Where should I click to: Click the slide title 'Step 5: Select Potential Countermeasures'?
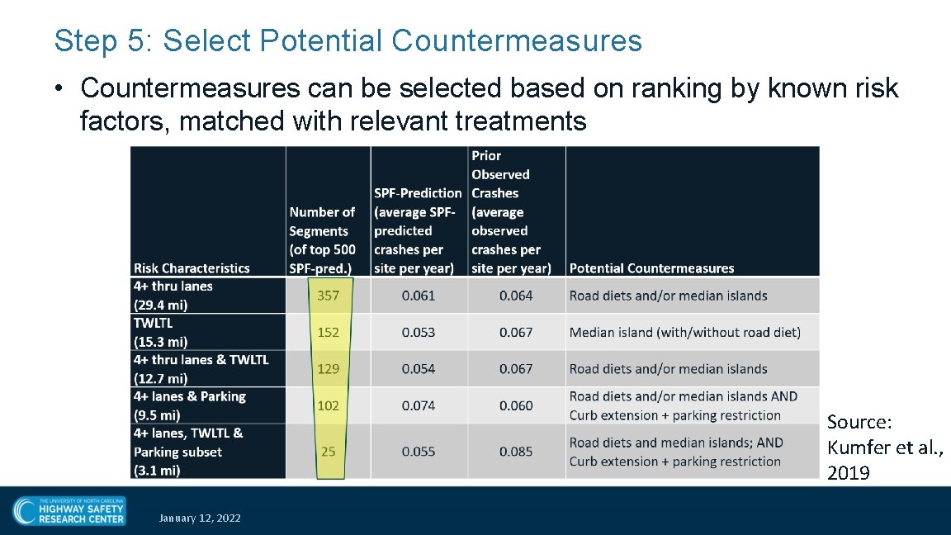pyautogui.click(x=348, y=40)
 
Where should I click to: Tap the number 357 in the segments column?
pyautogui.click(x=329, y=296)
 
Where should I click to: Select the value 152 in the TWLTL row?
pyautogui.click(x=329, y=332)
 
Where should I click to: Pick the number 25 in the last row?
pyautogui.click(x=329, y=452)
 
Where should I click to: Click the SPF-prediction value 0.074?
pyautogui.click(x=419, y=405)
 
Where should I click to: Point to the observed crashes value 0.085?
pyautogui.click(x=516, y=452)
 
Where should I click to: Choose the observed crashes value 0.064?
pyautogui.click(x=516, y=296)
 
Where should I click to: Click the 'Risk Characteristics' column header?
pyautogui.click(x=192, y=267)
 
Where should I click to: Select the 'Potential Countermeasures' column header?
pyautogui.click(x=651, y=267)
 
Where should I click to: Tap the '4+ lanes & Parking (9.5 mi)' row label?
pyautogui.click(x=190, y=405)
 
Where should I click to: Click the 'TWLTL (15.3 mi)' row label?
pyautogui.click(x=161, y=332)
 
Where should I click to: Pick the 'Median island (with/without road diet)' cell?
pyautogui.click(x=684, y=332)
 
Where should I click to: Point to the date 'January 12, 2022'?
pyautogui.click(x=200, y=518)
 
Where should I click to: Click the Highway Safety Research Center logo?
pyautogui.click(x=69, y=510)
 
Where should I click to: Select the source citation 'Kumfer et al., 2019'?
pyautogui.click(x=884, y=447)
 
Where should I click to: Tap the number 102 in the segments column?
pyautogui.click(x=329, y=405)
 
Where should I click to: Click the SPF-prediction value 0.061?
pyautogui.click(x=419, y=296)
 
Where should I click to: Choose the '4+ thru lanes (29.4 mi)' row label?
pyautogui.click(x=173, y=296)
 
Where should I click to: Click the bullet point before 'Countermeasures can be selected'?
pyautogui.click(x=62, y=88)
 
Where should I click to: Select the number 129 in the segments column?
pyautogui.click(x=329, y=369)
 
